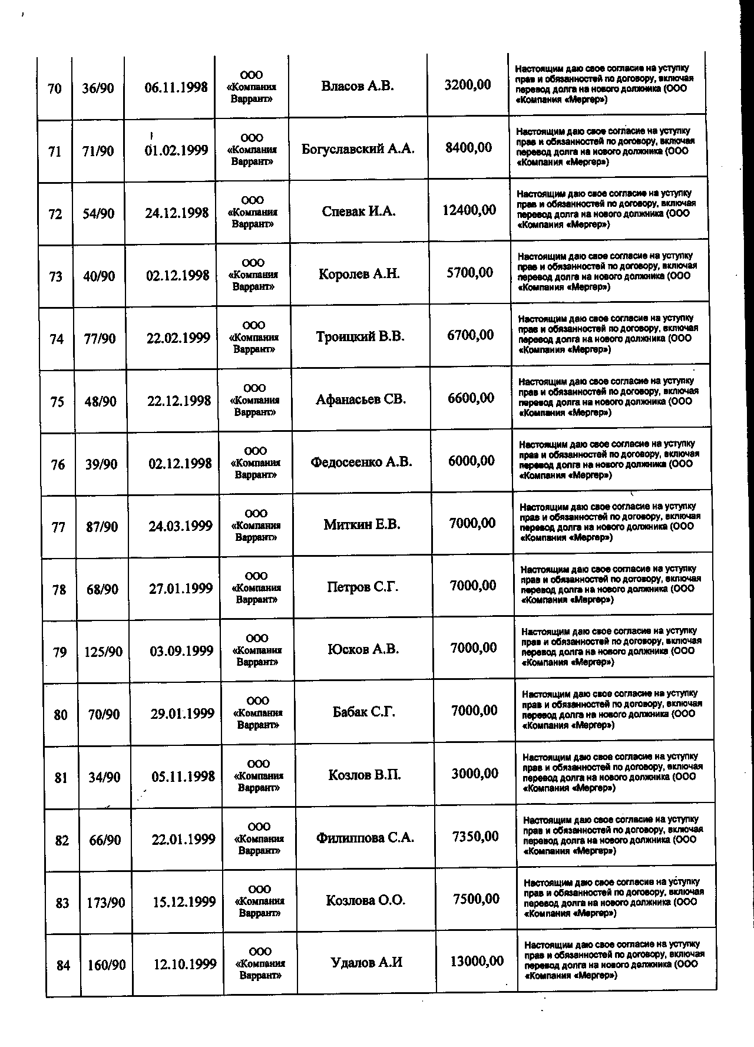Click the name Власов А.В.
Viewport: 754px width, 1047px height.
(358, 86)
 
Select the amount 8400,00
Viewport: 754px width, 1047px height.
(468, 147)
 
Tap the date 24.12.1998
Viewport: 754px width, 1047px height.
(177, 213)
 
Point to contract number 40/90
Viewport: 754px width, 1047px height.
(99, 276)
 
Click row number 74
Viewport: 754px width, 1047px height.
(57, 339)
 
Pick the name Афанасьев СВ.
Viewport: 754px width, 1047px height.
(361, 399)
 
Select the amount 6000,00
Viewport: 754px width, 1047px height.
(471, 461)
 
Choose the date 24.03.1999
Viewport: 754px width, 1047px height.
(180, 526)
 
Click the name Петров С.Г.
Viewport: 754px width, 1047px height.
(363, 587)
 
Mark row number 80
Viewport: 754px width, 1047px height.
(60, 715)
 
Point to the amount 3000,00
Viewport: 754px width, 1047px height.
(475, 774)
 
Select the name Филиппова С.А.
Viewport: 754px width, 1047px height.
(365, 837)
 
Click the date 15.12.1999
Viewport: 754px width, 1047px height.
(184, 902)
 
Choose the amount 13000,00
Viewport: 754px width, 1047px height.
(477, 962)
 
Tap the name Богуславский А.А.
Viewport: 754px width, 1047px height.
(358, 148)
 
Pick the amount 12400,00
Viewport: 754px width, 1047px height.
(469, 210)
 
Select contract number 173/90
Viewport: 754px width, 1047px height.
(105, 903)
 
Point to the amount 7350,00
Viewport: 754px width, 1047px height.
(475, 837)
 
